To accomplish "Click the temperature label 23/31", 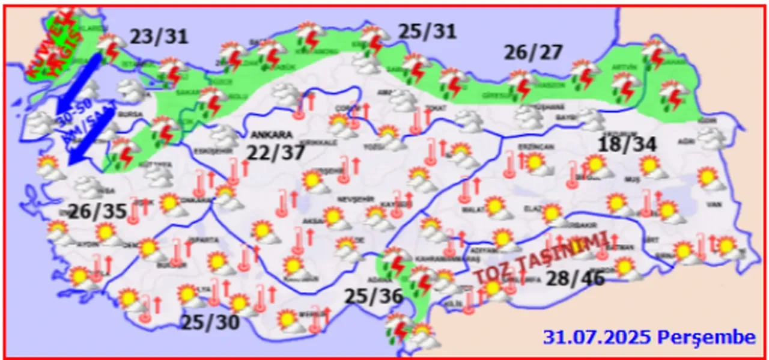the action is [159, 37].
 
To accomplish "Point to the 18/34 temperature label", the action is [627, 145].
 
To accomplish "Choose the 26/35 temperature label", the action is [97, 212].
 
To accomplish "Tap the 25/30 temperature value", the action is [210, 323].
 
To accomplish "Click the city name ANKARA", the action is [272, 135].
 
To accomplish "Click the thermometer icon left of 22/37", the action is [234, 171].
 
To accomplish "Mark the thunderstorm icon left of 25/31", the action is [374, 38].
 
